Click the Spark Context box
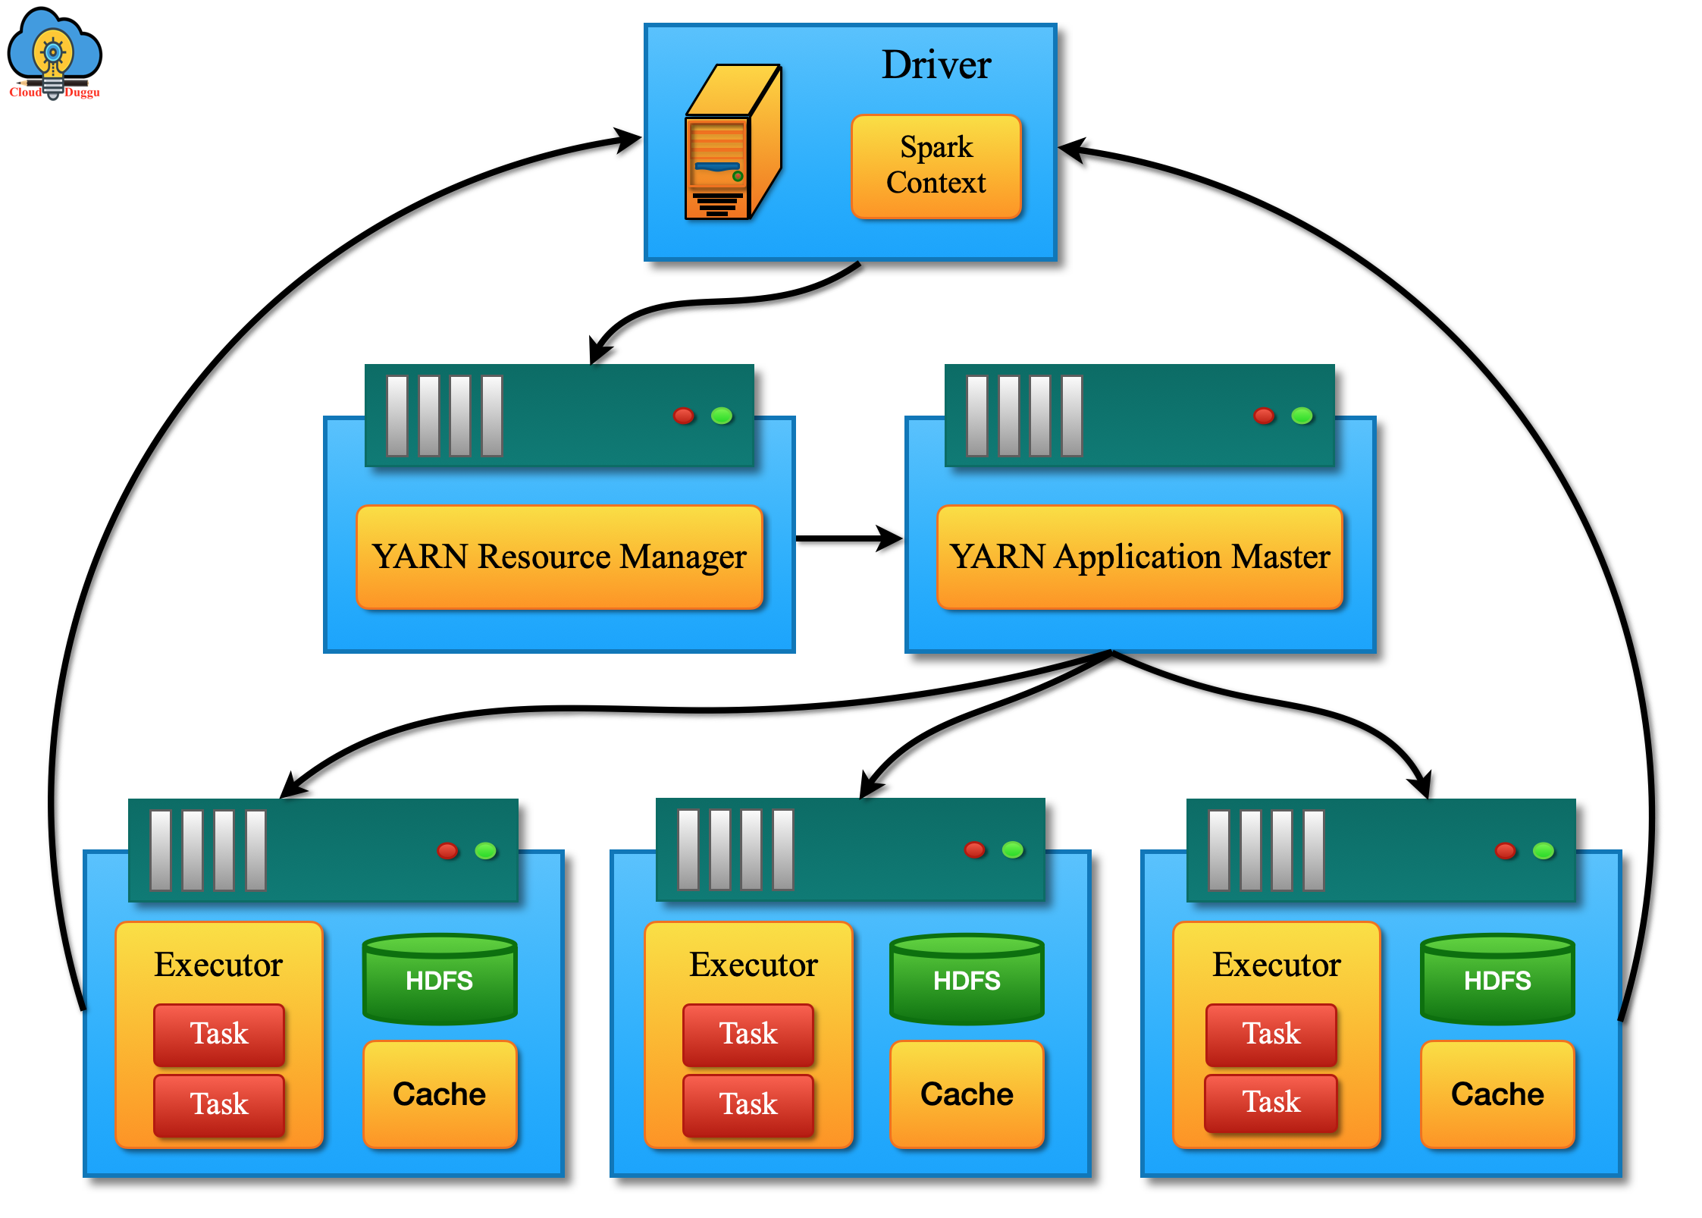click(936, 166)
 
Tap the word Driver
click(936, 64)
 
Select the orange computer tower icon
click(731, 144)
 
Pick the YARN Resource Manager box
click(559, 557)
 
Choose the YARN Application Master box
click(1139, 557)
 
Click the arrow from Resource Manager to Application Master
click(849, 538)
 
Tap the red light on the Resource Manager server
click(683, 416)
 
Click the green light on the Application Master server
click(1302, 416)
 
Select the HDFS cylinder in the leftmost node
click(439, 979)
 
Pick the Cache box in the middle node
click(967, 1094)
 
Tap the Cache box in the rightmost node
click(1497, 1094)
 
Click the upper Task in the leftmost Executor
click(218, 1034)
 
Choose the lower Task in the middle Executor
click(748, 1103)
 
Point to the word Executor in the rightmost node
click(1276, 965)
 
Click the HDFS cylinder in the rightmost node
click(1497, 979)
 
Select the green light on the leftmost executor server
click(485, 850)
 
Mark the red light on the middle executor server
click(974, 849)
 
